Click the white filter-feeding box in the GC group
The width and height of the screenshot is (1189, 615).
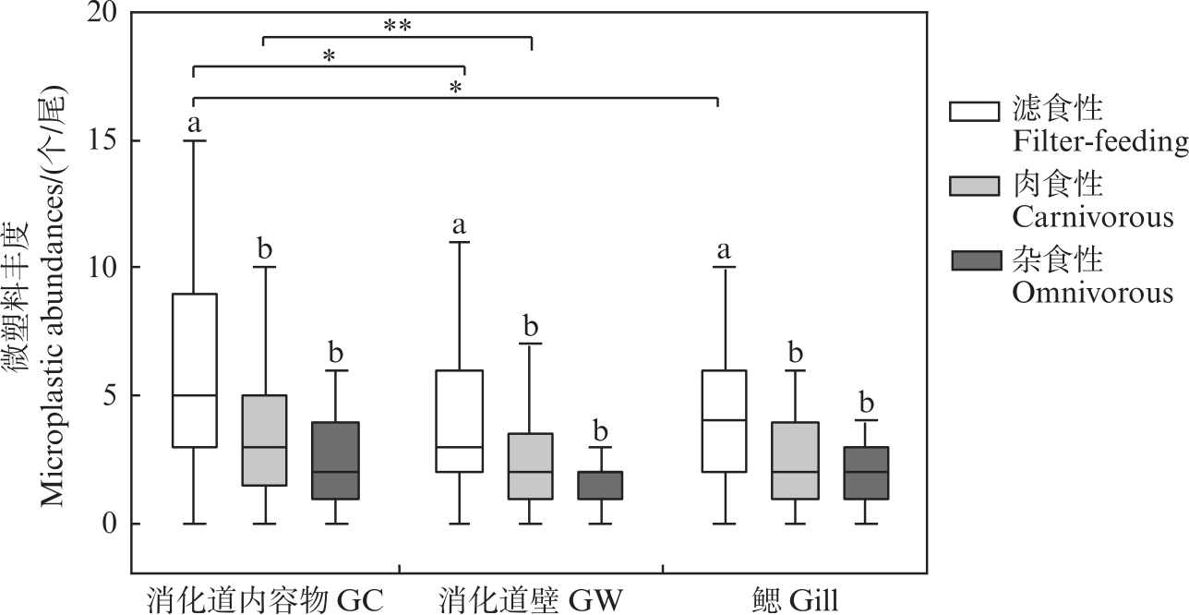pyautogui.click(x=194, y=369)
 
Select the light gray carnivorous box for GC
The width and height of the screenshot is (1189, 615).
pyautogui.click(x=264, y=440)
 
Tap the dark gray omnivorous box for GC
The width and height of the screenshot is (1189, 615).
pyautogui.click(x=335, y=460)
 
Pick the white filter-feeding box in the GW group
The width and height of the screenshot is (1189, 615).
pyautogui.click(x=459, y=420)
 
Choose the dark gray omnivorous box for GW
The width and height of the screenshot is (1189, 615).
pyautogui.click(x=601, y=485)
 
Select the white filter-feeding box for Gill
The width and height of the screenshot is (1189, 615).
pyautogui.click(x=725, y=420)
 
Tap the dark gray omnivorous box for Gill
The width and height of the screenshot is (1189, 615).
pyautogui.click(x=866, y=472)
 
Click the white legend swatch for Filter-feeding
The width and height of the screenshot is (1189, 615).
pyautogui.click(x=975, y=110)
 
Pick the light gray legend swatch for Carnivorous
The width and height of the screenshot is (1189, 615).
pyautogui.click(x=975, y=185)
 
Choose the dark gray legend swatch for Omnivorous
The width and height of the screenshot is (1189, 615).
pyautogui.click(x=975, y=261)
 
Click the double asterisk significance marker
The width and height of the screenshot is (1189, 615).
pyautogui.click(x=397, y=26)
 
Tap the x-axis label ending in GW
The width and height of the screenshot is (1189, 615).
pyautogui.click(x=531, y=600)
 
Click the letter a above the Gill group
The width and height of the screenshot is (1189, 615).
pyautogui.click(x=725, y=249)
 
